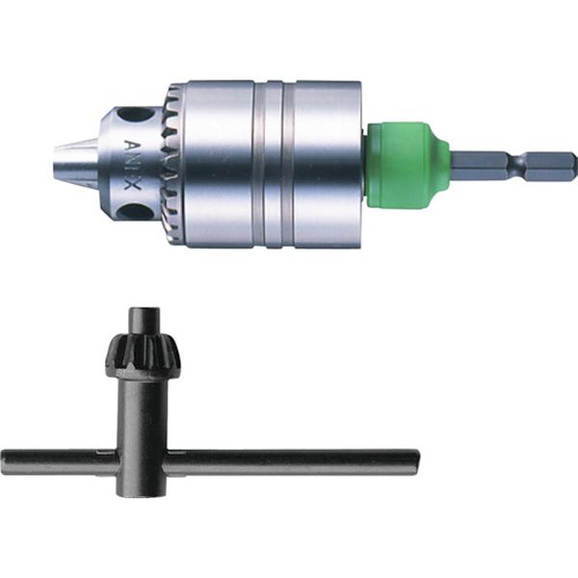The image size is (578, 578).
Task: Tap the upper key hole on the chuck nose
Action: point(139,115)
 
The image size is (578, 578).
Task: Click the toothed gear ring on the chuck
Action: point(173,162)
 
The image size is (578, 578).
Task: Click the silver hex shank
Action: point(511,166)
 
